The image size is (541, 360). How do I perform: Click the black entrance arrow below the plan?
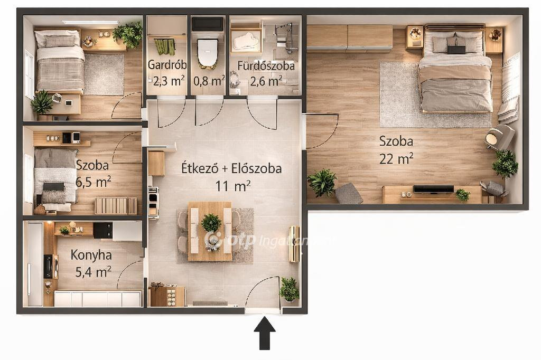point(265,334)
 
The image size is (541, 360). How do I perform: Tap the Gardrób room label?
point(167,65)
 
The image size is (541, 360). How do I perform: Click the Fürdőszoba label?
point(266,65)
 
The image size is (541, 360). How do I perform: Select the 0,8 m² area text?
point(209,81)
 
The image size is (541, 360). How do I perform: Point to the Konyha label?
point(91,255)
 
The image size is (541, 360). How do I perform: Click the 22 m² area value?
point(396,159)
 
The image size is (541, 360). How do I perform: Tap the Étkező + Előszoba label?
point(231,168)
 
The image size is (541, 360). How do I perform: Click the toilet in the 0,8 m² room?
point(207,53)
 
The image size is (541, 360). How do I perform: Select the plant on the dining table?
point(211,223)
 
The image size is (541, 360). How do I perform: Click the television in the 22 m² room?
point(433,189)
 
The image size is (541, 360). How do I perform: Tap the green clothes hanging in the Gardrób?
point(165,46)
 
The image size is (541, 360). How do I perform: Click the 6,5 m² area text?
point(93,182)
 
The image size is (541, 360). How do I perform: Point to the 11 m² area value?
point(233,186)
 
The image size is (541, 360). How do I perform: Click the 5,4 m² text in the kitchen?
point(93,272)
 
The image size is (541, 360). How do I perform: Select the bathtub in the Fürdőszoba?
point(246,41)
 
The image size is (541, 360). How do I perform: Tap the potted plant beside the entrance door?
point(289,289)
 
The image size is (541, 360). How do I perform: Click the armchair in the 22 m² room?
point(500,137)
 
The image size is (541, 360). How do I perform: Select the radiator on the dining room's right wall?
point(294,244)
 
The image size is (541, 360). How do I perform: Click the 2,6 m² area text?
point(266,81)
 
